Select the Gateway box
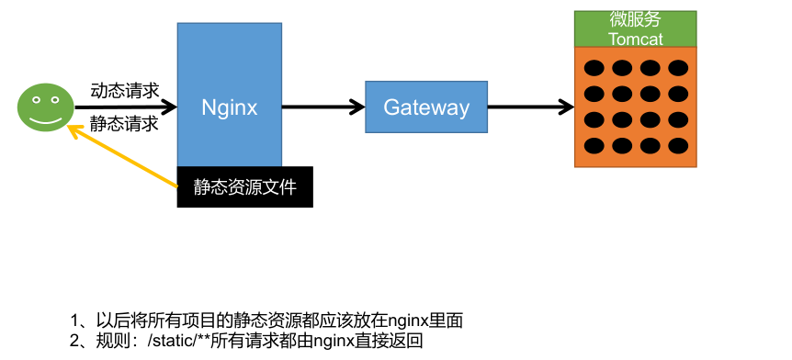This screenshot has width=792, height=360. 425,107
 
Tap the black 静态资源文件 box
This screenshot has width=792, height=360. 244,186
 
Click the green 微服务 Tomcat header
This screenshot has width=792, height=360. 635,28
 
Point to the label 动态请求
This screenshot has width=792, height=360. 124,90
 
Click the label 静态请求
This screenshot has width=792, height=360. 124,123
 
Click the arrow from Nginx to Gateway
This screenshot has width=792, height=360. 322,107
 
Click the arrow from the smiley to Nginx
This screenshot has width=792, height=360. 124,107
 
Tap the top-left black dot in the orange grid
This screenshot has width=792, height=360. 594,68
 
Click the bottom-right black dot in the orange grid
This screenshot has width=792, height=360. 678,145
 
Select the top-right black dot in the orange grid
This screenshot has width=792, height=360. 678,68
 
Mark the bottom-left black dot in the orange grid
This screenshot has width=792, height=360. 594,145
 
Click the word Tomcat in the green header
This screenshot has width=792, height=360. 635,39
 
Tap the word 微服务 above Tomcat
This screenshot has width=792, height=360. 635,19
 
